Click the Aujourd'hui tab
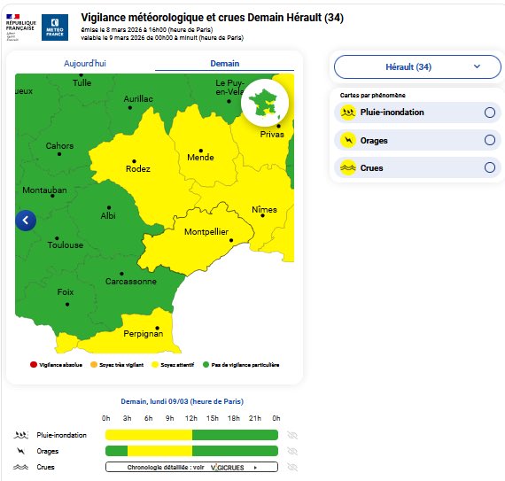tap(85, 64)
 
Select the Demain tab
tap(224, 64)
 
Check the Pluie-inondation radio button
tap(489, 112)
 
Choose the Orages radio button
tap(489, 140)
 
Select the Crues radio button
tap(489, 167)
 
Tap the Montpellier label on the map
tap(206, 232)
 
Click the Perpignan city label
tap(142, 333)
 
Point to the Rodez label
tap(137, 168)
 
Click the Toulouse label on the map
tap(66, 245)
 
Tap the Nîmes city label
tap(264, 210)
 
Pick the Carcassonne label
tap(131, 282)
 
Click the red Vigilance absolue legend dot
tap(34, 364)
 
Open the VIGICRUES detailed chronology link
tap(191, 467)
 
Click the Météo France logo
tap(55, 27)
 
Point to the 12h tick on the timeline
tap(190, 418)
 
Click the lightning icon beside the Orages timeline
tap(21, 451)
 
